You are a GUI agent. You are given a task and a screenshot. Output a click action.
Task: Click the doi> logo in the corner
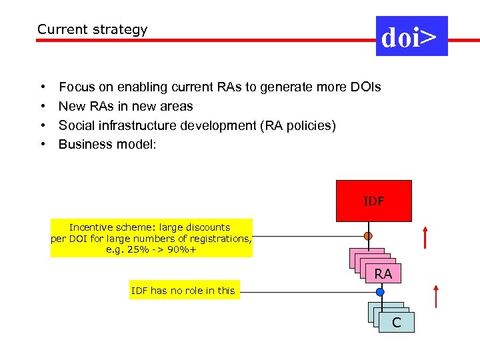(411, 36)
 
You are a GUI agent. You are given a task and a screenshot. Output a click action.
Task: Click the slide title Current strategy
(92, 29)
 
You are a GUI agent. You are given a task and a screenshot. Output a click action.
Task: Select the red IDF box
(373, 201)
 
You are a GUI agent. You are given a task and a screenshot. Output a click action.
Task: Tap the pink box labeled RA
(383, 273)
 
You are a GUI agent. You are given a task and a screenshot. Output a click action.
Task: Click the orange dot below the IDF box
(368, 236)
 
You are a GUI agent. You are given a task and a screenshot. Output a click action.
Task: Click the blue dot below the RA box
(380, 292)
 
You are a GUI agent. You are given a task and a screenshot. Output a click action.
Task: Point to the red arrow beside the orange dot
(425, 237)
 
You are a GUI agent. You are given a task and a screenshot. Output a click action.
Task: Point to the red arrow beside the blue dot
(435, 296)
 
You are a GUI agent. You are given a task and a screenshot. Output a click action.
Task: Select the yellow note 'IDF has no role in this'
(183, 290)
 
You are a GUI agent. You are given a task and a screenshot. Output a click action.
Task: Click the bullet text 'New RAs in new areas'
(125, 106)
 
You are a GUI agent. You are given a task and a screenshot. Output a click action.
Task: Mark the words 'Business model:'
(107, 144)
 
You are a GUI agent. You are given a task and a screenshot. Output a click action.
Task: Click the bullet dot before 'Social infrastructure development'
(43, 125)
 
